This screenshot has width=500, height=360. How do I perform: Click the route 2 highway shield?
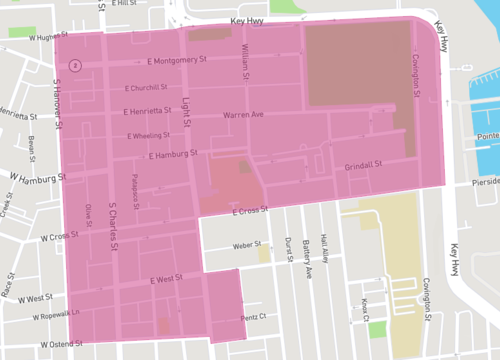pos(75,65)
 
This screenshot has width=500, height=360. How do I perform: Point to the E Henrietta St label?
pos(151,111)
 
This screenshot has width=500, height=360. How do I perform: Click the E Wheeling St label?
pos(149,135)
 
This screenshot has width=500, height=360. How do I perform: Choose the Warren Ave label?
pos(243,116)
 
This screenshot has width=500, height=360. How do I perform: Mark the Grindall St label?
pos(364,165)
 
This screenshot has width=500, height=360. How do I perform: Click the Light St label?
pos(187,107)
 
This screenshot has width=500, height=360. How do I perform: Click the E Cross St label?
pos(251,212)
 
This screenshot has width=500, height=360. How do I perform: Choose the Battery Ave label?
pos(307,258)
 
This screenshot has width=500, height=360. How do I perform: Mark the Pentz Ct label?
pos(254,318)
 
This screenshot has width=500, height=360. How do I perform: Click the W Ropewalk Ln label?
pos(38,316)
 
